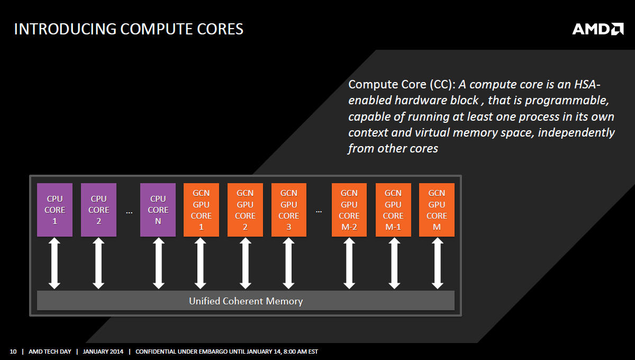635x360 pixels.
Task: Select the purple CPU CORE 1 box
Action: [x=55, y=210]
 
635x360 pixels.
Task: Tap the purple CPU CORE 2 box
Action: [x=98, y=210]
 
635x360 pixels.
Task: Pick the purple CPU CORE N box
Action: [x=158, y=210]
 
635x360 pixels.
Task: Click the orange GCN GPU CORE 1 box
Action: [x=201, y=210]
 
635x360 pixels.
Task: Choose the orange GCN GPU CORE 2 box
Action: [x=245, y=210]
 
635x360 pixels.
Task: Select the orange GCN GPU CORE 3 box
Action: [x=288, y=210]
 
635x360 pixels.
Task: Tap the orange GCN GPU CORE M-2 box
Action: [x=349, y=210]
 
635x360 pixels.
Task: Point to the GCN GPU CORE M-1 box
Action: [x=393, y=210]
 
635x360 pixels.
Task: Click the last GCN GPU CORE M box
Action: [x=437, y=210]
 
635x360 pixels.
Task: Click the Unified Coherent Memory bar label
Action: [x=246, y=301]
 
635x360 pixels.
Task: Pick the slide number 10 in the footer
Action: [x=13, y=352]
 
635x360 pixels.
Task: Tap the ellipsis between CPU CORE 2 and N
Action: [x=129, y=211]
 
